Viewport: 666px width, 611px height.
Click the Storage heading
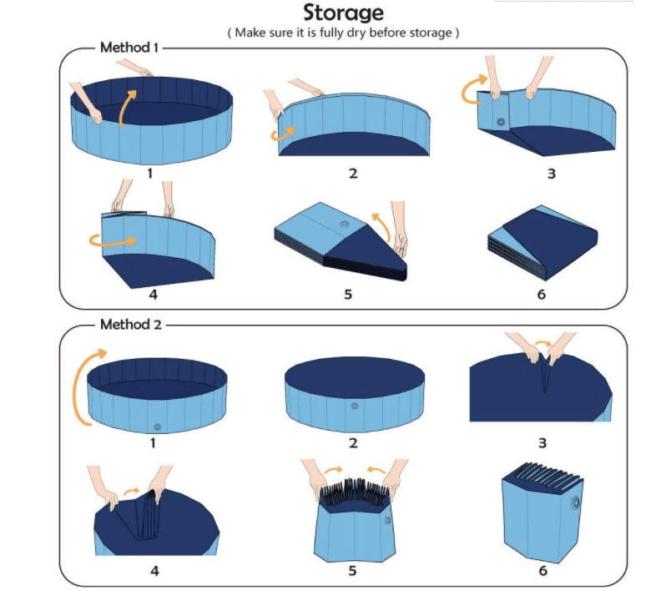pyautogui.click(x=343, y=13)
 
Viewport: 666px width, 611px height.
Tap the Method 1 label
pyautogui.click(x=129, y=47)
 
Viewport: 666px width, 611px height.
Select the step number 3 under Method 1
pyautogui.click(x=542, y=174)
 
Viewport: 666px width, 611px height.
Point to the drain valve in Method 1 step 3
pyautogui.click(x=501, y=123)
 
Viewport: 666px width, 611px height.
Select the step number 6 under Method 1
pyautogui.click(x=542, y=295)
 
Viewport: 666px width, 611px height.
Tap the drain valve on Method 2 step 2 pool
pyautogui.click(x=355, y=406)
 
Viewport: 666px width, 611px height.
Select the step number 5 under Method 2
pyautogui.click(x=353, y=571)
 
